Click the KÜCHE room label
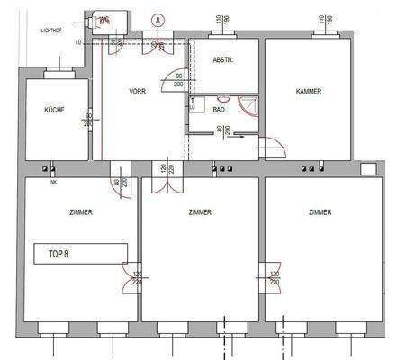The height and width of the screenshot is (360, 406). pyautogui.click(x=54, y=110)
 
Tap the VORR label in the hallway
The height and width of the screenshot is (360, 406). pyautogui.click(x=138, y=91)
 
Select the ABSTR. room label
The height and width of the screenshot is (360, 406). pyautogui.click(x=223, y=60)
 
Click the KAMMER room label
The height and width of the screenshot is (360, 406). pyautogui.click(x=308, y=91)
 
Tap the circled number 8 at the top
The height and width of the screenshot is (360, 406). pyautogui.click(x=159, y=19)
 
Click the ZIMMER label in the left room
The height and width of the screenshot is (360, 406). pyautogui.click(x=80, y=212)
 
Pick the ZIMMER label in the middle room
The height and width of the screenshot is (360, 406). pyautogui.click(x=200, y=212)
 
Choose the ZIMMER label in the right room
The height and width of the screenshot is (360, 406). pyautogui.click(x=319, y=212)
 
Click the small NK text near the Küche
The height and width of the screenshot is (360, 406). pyautogui.click(x=51, y=179)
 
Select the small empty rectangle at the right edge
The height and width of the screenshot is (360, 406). pyautogui.click(x=369, y=168)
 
